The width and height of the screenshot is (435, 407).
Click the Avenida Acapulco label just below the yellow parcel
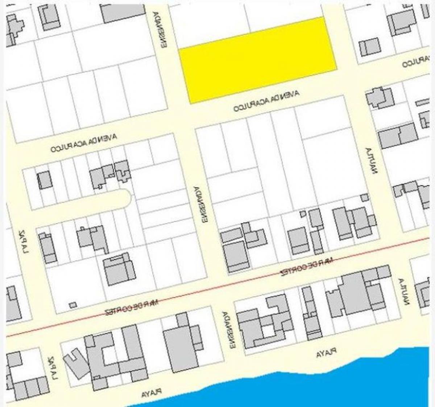(x=267, y=102)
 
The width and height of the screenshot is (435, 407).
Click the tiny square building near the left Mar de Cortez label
(x=73, y=305)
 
